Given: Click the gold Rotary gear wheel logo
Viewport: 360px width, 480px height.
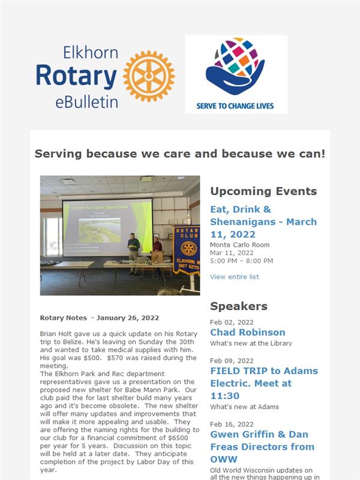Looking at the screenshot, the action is (149, 76).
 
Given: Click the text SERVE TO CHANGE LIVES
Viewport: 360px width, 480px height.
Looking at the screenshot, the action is (235, 106).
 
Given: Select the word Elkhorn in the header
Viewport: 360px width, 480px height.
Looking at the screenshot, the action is (91, 52).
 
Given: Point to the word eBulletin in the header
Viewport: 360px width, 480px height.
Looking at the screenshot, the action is (86, 102).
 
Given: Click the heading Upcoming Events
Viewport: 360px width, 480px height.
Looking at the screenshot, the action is (263, 191).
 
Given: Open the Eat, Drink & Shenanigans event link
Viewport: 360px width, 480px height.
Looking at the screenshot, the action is (263, 221).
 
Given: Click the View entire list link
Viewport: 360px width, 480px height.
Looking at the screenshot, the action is (235, 277).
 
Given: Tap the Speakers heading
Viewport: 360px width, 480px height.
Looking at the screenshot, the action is (239, 306).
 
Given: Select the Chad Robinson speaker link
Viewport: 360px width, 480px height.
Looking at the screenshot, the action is (248, 332).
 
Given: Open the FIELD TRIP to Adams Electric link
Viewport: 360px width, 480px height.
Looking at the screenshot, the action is (264, 383).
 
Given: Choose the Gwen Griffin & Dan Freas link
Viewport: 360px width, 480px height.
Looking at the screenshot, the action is (262, 446).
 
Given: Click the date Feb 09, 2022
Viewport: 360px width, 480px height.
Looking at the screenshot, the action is (232, 361).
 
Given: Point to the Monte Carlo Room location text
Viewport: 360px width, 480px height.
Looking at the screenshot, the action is (239, 245).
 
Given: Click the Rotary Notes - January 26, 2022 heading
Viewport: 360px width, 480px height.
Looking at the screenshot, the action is (100, 318).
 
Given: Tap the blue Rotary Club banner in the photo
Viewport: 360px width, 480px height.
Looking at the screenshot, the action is (187, 250).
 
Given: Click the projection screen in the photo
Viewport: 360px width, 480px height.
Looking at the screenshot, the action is (107, 227).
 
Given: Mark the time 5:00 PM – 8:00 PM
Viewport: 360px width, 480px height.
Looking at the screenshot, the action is (242, 261).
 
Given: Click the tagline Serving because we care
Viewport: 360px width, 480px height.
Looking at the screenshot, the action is (180, 154).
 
